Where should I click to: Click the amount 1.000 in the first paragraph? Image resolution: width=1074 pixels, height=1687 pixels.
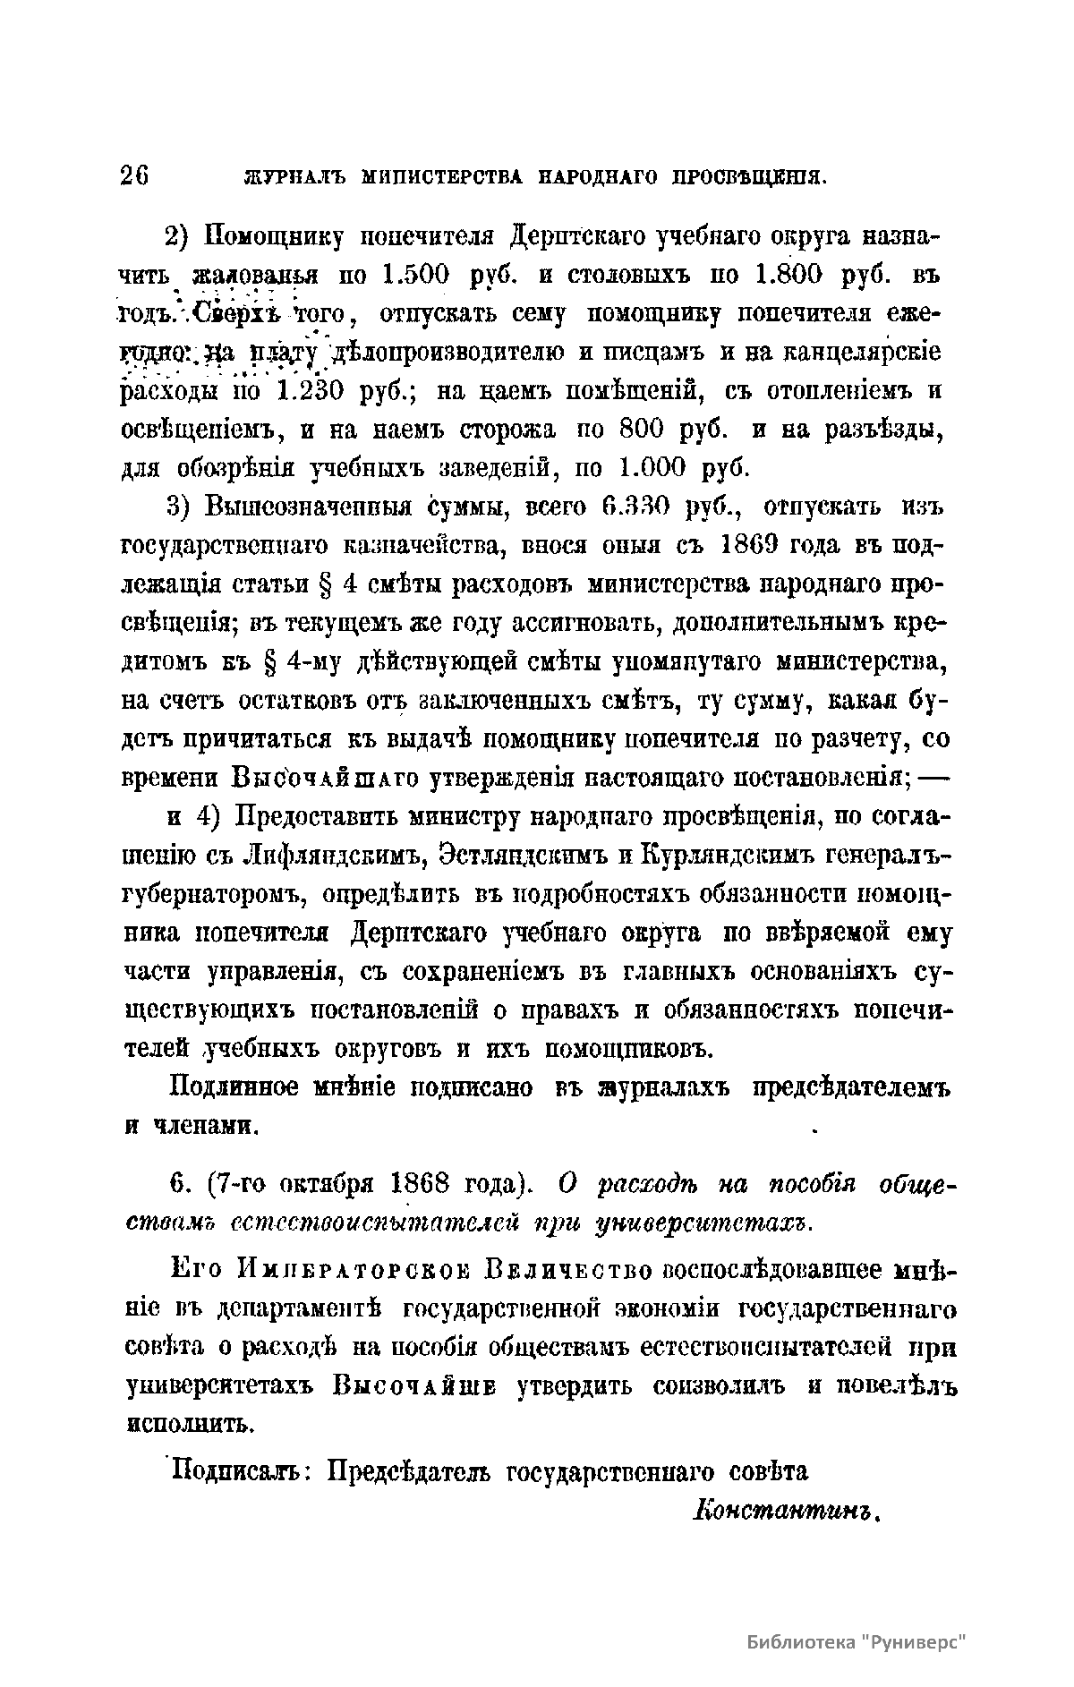652,468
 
